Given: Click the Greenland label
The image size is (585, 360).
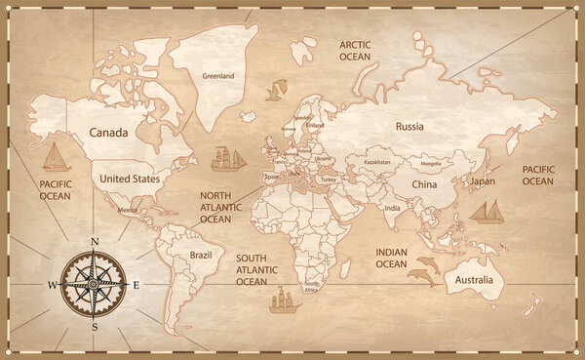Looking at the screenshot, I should [x=218, y=75].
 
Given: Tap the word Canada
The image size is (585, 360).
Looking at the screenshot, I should [x=109, y=132].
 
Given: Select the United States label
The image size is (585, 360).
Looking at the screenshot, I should [x=130, y=179].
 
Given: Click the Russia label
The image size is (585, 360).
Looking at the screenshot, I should [x=410, y=126].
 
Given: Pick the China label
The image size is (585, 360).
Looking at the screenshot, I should [x=424, y=183].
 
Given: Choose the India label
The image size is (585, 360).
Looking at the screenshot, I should [x=392, y=208].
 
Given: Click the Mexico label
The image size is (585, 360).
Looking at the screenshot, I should [x=127, y=210].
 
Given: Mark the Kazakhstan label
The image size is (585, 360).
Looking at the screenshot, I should [x=377, y=162].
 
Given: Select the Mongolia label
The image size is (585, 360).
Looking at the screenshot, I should [x=429, y=164].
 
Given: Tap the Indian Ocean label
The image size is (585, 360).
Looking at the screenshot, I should [x=391, y=258].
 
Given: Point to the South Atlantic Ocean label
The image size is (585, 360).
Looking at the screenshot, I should [x=252, y=269].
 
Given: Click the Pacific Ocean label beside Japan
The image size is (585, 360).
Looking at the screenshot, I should [x=537, y=175].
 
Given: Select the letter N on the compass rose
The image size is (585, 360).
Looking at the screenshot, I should [x=95, y=241].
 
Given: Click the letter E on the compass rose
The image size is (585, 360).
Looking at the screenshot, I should [x=136, y=285].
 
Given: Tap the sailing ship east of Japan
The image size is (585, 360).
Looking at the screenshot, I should [x=486, y=211].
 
